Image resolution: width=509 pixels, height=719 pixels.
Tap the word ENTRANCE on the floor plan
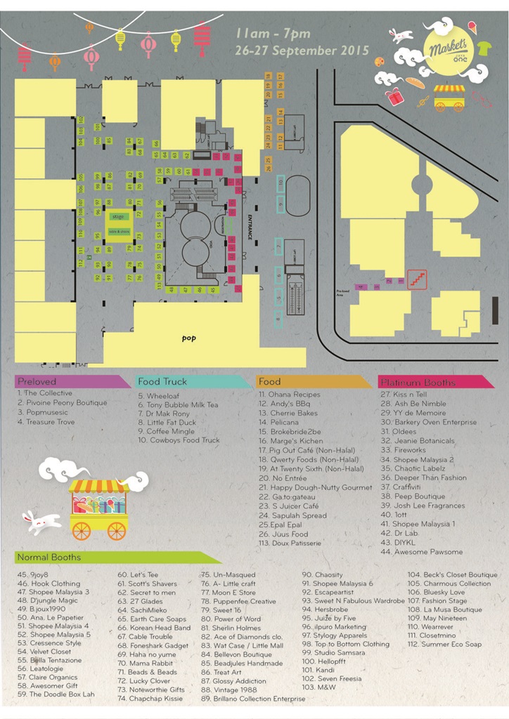[250, 227]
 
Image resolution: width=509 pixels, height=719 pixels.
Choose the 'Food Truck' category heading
[162, 382]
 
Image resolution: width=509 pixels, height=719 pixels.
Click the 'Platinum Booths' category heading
[418, 383]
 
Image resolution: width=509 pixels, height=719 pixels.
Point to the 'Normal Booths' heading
[49, 558]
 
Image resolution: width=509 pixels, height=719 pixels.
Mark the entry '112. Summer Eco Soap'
[444, 645]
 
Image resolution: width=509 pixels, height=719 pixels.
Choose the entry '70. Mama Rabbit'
[141, 663]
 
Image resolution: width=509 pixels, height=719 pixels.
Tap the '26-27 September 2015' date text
[302, 51]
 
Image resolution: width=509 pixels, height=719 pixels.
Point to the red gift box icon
[394, 97]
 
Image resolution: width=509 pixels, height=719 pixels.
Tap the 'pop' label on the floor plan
[188, 338]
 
